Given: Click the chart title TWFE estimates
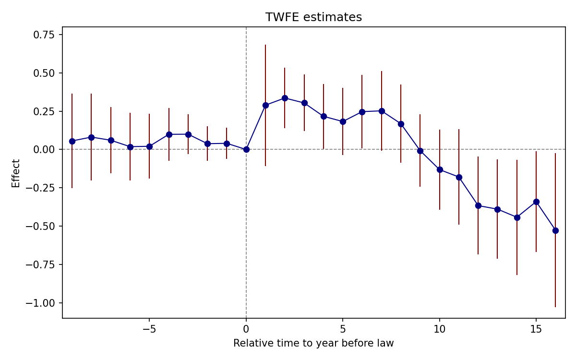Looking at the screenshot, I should click(x=313, y=17).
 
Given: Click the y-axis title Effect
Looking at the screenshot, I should click(x=16, y=173).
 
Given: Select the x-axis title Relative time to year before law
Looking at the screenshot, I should click(x=313, y=343).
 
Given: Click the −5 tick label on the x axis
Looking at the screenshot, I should click(x=149, y=329).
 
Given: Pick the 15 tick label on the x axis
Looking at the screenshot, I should click(x=536, y=329).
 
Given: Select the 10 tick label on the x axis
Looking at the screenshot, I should click(x=439, y=329).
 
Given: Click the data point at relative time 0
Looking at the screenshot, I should click(x=246, y=149).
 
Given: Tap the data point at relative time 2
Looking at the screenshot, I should click(x=285, y=98).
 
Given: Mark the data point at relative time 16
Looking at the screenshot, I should click(x=555, y=230).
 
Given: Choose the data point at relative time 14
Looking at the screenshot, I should click(x=517, y=217).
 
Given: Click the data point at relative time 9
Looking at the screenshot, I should click(x=420, y=151).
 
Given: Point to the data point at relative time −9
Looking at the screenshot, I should click(x=72, y=141).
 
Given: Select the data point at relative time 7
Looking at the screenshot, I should click(x=382, y=111).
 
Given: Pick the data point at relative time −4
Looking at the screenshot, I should click(x=169, y=134).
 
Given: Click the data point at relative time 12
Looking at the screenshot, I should click(x=478, y=205).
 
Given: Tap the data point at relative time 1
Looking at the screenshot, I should click(x=265, y=105).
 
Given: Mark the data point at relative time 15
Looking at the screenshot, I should click(x=536, y=202).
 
